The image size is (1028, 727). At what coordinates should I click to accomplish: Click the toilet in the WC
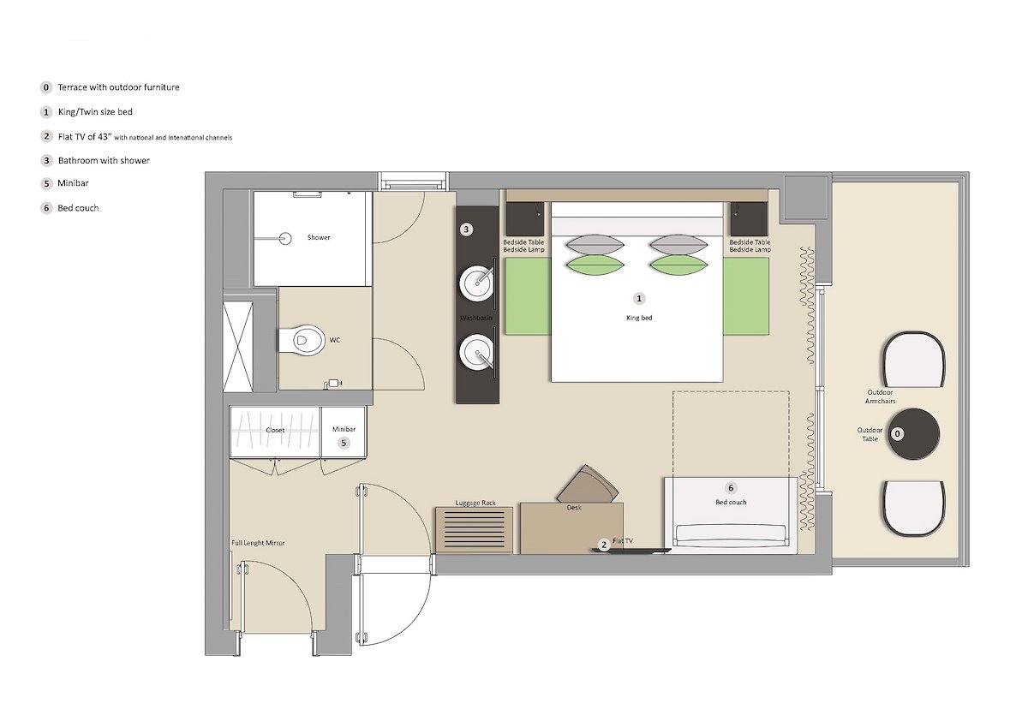pyautogui.click(x=301, y=340)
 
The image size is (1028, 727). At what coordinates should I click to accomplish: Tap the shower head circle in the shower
pyautogui.click(x=286, y=239)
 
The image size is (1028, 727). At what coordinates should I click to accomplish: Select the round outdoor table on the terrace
pyautogui.click(x=913, y=434)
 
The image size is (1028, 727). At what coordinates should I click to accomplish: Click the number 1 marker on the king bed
pyautogui.click(x=639, y=299)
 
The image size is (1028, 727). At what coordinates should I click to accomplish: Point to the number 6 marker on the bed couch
pyautogui.click(x=731, y=488)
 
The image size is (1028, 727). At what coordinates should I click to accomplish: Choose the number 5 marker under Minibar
pyautogui.click(x=344, y=443)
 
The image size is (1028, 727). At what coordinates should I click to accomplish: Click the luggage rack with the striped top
pyautogui.click(x=474, y=530)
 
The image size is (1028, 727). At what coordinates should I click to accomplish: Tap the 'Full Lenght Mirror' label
pyautogui.click(x=258, y=543)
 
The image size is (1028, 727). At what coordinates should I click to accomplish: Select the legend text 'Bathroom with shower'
pyautogui.click(x=104, y=160)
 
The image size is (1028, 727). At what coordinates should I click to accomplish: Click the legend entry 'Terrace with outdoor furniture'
pyautogui.click(x=118, y=87)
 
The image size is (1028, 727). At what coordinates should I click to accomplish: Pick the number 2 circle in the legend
pyautogui.click(x=46, y=136)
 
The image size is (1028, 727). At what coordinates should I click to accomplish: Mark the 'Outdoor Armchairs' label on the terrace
pyautogui.click(x=880, y=396)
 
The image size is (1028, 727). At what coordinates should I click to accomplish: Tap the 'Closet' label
pyautogui.click(x=275, y=430)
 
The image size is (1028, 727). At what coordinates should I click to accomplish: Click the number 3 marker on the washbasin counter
pyautogui.click(x=466, y=229)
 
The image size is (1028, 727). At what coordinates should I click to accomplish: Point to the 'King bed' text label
pyautogui.click(x=639, y=318)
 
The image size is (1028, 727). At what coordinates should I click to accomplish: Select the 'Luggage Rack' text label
pyautogui.click(x=475, y=503)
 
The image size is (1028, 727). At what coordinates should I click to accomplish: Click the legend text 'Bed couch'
pyautogui.click(x=78, y=208)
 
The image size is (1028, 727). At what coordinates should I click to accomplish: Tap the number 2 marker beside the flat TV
pyautogui.click(x=604, y=545)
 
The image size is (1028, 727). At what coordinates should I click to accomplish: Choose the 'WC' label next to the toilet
pyautogui.click(x=335, y=340)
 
